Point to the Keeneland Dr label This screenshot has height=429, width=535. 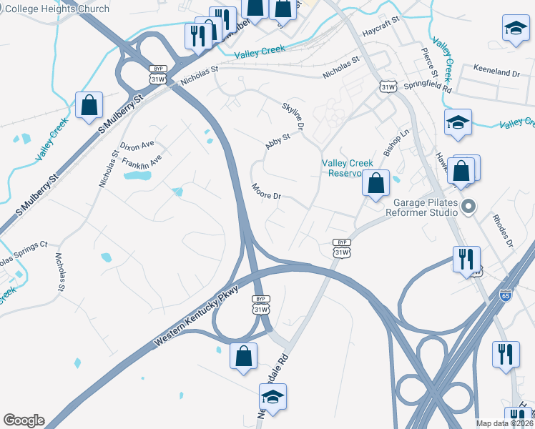tap(496, 73)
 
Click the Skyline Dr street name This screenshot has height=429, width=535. tap(294, 115)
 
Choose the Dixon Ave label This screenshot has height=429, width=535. tap(137, 145)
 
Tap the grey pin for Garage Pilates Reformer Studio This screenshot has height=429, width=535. tap(469, 207)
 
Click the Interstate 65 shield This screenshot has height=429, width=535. tap(506, 295)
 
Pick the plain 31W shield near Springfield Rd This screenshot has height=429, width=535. tap(388, 87)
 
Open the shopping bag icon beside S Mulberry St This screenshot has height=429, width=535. tap(90, 105)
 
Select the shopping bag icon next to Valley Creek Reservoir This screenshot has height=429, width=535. tap(376, 184)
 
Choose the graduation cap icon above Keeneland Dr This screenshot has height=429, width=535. tap(515, 29)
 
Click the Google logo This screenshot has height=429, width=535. tap(24, 420)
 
